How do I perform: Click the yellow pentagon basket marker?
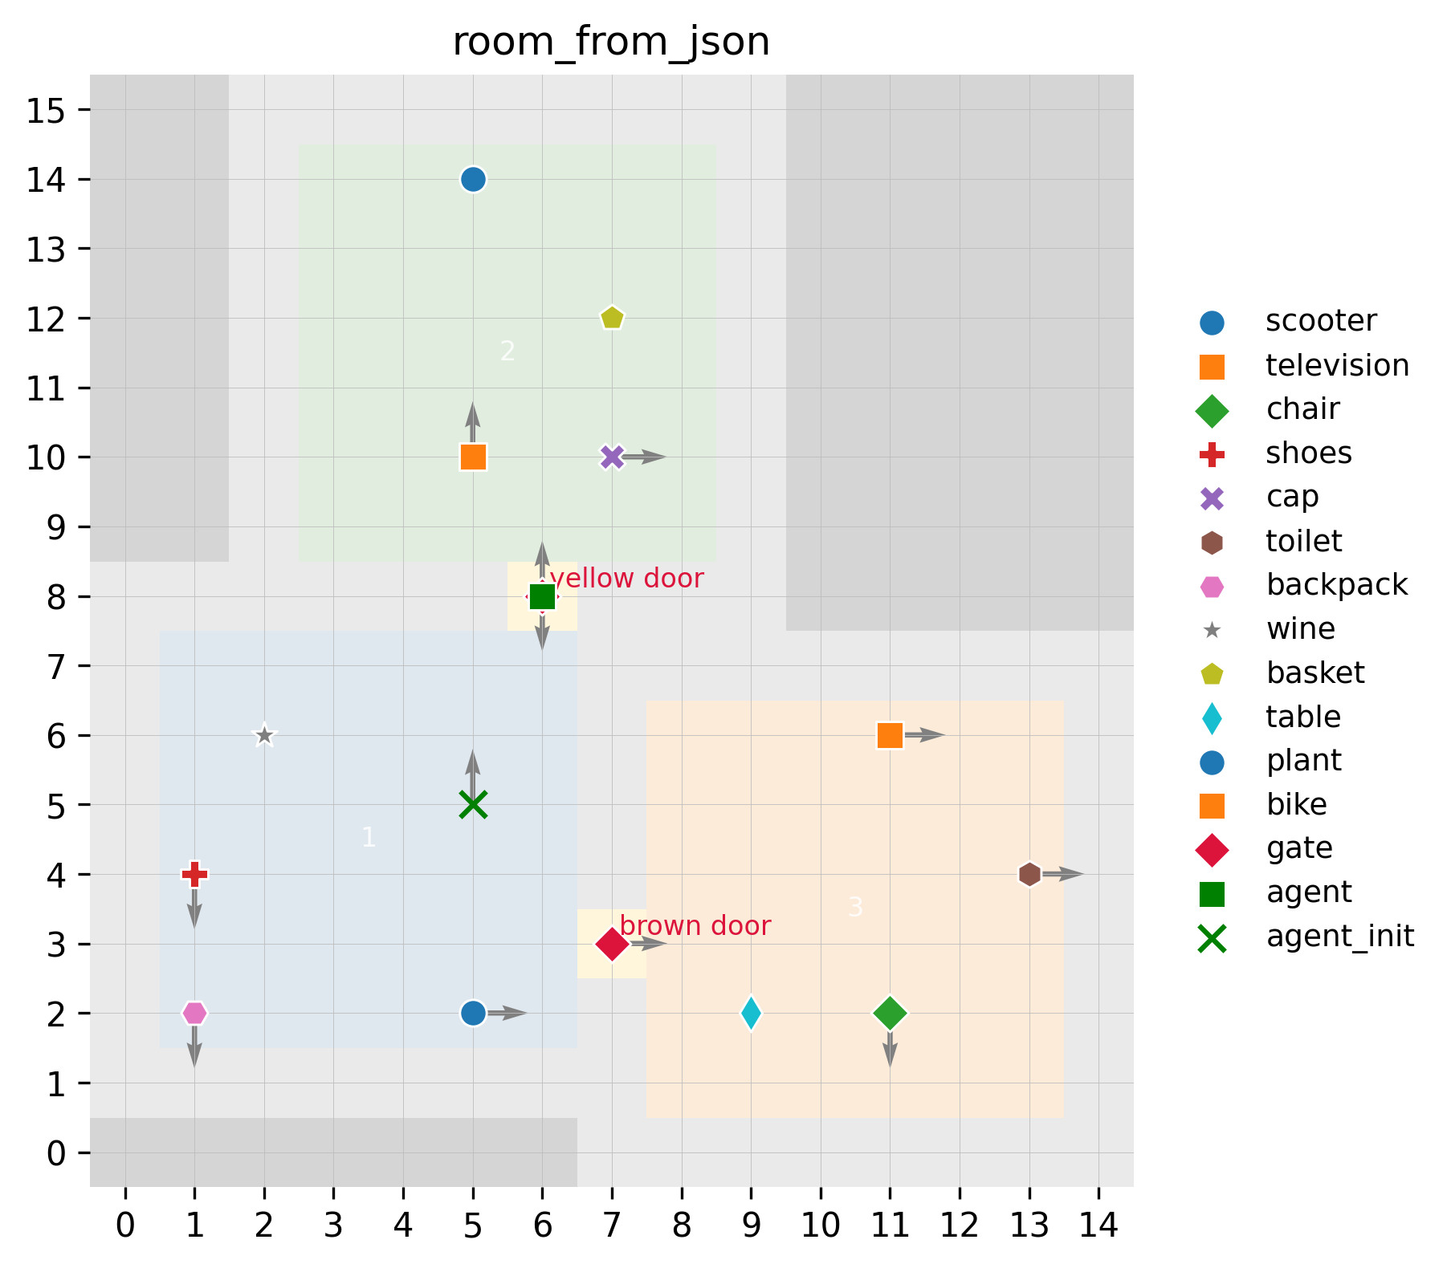[612, 318]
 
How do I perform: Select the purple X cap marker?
[612, 457]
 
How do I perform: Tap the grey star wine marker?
[264, 735]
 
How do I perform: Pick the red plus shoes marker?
[194, 874]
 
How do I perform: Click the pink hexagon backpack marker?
[194, 1013]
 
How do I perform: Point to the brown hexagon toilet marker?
[1029, 874]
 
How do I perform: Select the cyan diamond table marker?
[751, 1013]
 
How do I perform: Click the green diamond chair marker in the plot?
[890, 1013]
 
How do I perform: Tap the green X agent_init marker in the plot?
[473, 804]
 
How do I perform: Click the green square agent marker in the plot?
[543, 596]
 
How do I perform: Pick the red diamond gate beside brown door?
[612, 944]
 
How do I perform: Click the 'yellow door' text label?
[627, 579]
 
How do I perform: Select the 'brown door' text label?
[695, 926]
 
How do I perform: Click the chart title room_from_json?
[611, 42]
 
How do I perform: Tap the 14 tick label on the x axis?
[1098, 1225]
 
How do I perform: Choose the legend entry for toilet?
[1303, 542]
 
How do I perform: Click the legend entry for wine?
[1300, 629]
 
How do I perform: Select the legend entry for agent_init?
[1339, 937]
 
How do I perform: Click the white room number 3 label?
[855, 907]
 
